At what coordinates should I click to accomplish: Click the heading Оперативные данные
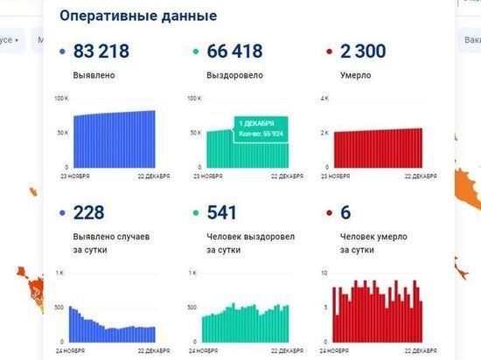pyautogui.click(x=137, y=17)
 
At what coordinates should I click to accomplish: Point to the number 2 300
pyautogui.click(x=359, y=52)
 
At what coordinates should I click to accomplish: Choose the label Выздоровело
pyautogui.click(x=234, y=75)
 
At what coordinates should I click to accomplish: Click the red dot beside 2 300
pyautogui.click(x=328, y=52)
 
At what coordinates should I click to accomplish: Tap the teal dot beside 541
pyautogui.click(x=194, y=215)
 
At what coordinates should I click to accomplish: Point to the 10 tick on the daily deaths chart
pyautogui.click(x=324, y=273)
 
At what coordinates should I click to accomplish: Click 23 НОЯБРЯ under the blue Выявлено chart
pyautogui.click(x=73, y=176)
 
